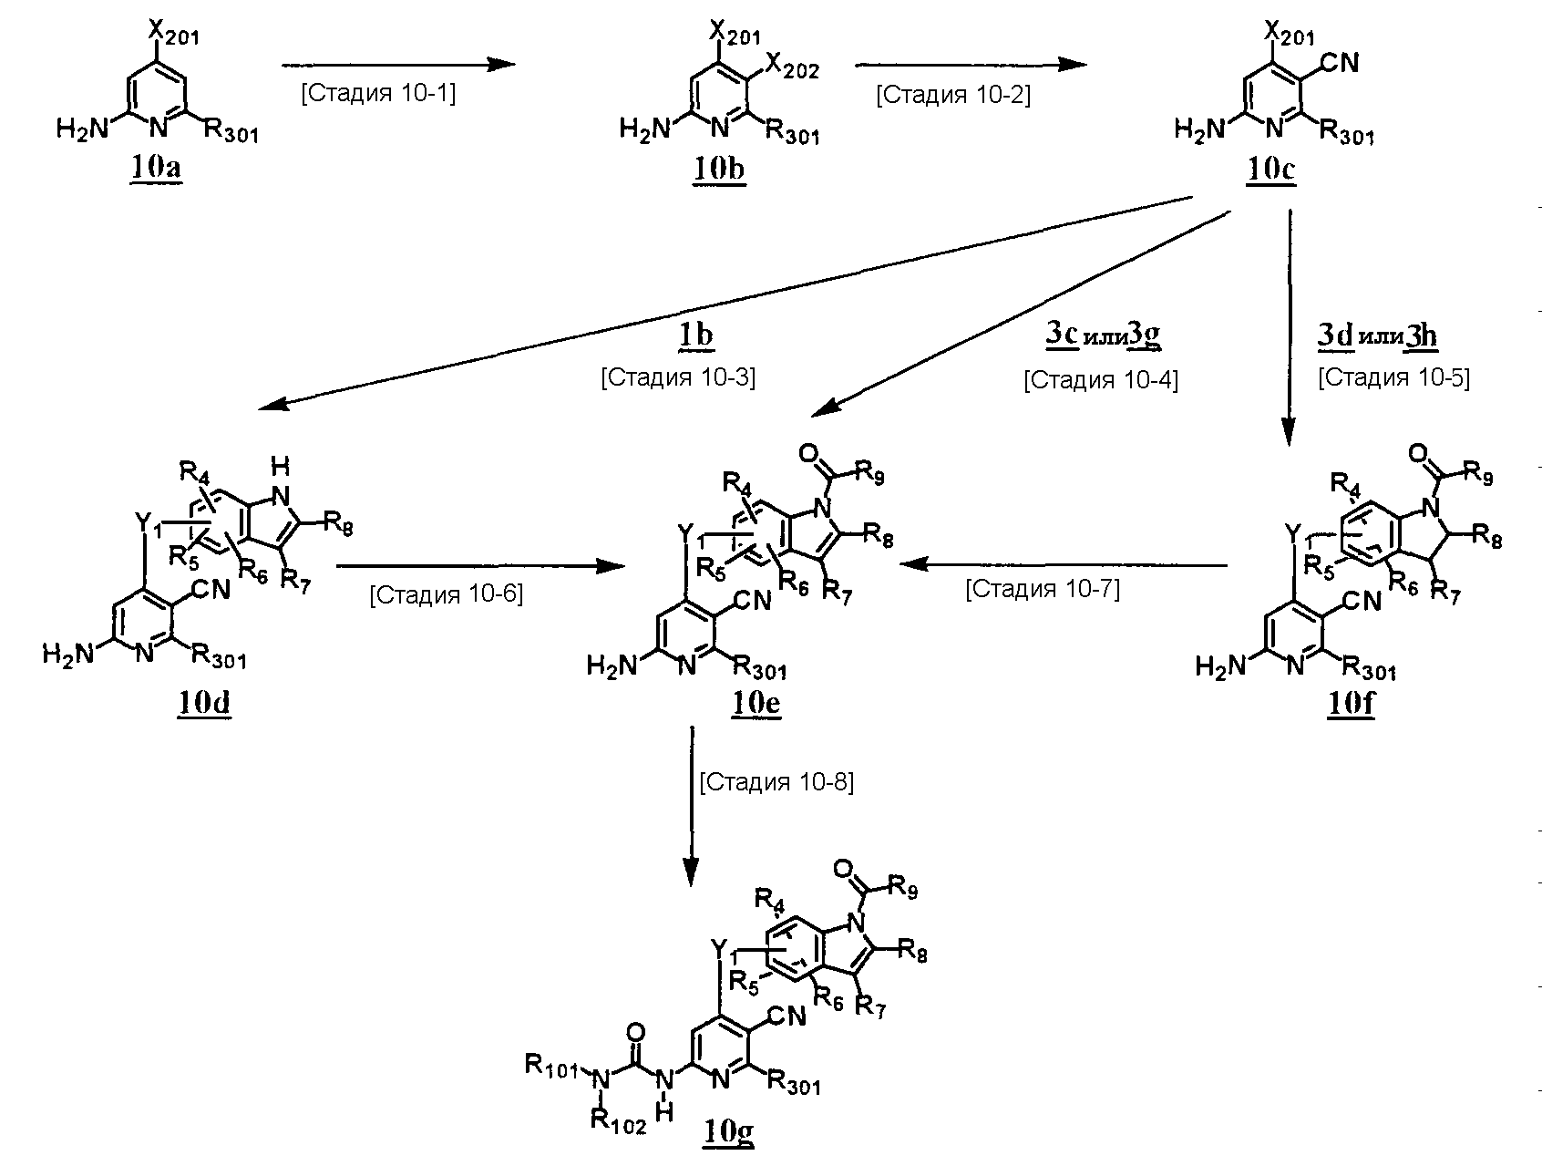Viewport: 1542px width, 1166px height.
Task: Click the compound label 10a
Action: (157, 170)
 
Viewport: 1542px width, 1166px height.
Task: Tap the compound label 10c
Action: (1269, 170)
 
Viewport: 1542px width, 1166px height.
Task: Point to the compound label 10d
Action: (204, 704)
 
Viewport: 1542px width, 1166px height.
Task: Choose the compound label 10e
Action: (755, 704)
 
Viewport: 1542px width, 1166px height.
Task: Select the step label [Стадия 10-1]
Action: (378, 93)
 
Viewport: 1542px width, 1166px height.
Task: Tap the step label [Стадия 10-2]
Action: (953, 95)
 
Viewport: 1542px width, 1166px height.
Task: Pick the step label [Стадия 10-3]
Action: (678, 377)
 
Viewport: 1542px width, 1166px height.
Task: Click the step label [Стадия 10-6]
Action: (446, 594)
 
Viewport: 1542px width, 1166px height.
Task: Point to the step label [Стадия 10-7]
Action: (1043, 589)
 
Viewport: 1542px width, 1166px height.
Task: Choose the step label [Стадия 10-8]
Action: (776, 782)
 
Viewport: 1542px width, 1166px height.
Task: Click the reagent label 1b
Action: (694, 336)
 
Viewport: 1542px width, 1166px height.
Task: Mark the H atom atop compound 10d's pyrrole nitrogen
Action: (282, 467)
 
